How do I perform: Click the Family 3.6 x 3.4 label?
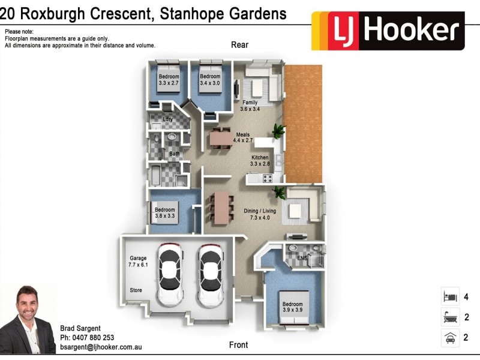click(250, 106)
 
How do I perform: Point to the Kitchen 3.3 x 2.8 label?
click(260, 160)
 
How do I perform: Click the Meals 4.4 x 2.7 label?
click(243, 137)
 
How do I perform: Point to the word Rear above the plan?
click(239, 45)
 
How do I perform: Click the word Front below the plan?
click(238, 345)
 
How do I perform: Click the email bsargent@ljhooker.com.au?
click(101, 347)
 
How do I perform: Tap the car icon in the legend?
click(449, 337)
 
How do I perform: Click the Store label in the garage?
click(136, 290)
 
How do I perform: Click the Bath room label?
click(174, 154)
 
